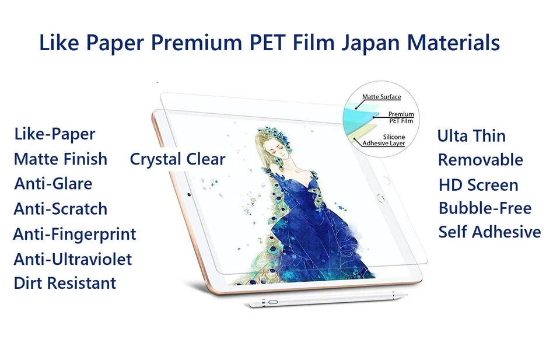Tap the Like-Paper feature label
(x=55, y=134)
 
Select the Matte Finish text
(x=61, y=159)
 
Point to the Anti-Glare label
(x=54, y=184)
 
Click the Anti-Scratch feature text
(x=61, y=209)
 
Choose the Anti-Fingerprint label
(x=75, y=235)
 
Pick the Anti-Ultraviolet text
(x=73, y=259)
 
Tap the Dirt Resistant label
(x=65, y=284)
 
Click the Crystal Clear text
(x=177, y=159)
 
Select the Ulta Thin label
(x=471, y=137)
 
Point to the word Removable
(x=481, y=160)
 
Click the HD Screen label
(x=478, y=186)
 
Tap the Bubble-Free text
(x=485, y=208)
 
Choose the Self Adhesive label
(x=490, y=232)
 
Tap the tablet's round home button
(x=380, y=198)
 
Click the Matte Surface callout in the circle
(x=381, y=97)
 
